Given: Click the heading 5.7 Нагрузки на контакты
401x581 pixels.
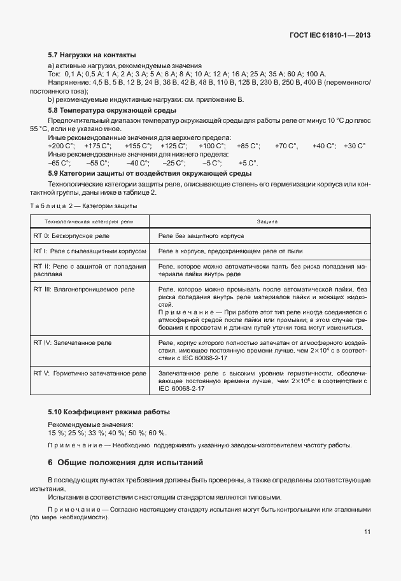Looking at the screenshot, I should (x=92, y=55).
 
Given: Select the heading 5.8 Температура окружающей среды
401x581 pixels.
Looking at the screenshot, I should (x=104, y=111).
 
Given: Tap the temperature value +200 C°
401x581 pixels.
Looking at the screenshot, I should (x=61, y=146).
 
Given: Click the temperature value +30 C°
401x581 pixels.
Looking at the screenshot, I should (x=355, y=146).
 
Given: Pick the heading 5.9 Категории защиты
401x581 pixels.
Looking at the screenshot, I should (x=150, y=173).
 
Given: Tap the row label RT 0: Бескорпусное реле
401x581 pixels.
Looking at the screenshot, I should (x=72, y=235).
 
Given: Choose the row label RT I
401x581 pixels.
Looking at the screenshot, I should (x=90, y=251).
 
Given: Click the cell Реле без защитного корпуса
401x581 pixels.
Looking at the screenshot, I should (x=201, y=235).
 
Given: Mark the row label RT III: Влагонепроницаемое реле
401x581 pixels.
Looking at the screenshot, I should (x=84, y=290).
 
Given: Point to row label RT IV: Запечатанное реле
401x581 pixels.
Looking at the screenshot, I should (x=72, y=342).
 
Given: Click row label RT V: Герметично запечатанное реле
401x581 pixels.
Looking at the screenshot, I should (x=87, y=372).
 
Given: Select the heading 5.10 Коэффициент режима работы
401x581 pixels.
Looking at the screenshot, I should (x=109, y=412).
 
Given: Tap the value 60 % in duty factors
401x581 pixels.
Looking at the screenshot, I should (x=158, y=433).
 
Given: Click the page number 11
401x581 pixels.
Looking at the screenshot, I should (x=367, y=532).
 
